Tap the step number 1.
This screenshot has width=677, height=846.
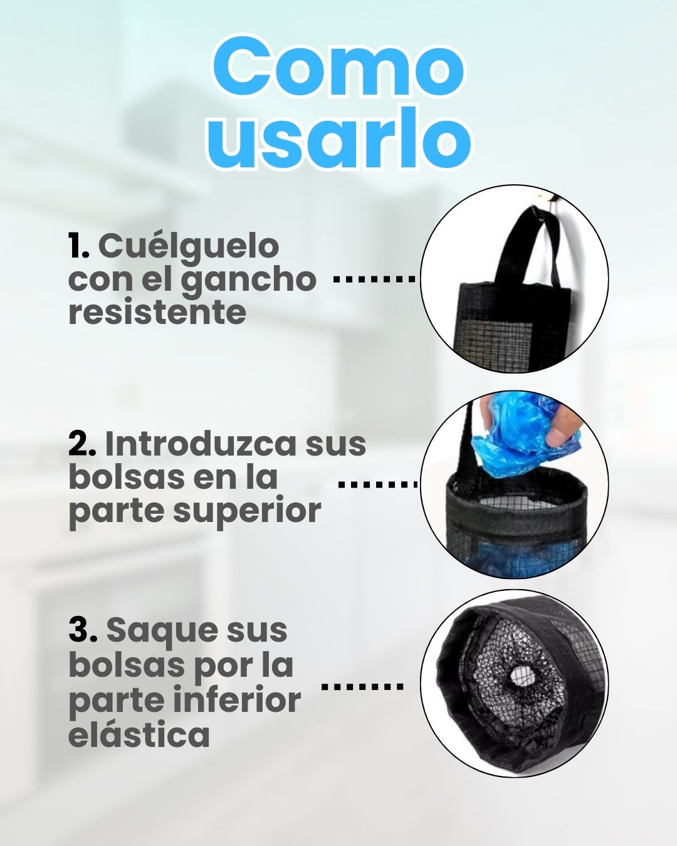click(x=78, y=246)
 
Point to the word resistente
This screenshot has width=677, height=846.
click(x=157, y=313)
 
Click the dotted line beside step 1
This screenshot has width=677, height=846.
click(x=374, y=279)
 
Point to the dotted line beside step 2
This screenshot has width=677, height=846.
click(x=377, y=484)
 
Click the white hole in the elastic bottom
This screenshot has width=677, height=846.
click(x=520, y=674)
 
